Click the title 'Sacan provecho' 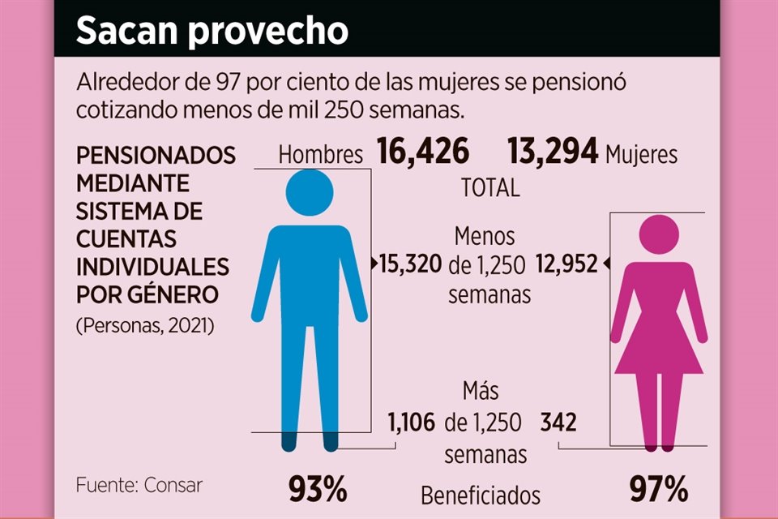point(212,32)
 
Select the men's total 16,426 point(423,152)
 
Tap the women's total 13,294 point(554,152)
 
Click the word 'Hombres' point(321,155)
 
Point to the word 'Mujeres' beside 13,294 point(641,154)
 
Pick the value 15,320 point(412,263)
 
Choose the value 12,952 point(566,263)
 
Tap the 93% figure point(318,489)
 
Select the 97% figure point(659,489)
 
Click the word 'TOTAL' point(490,188)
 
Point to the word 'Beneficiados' point(481,494)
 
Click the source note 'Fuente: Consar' point(139,485)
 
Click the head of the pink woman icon point(659,234)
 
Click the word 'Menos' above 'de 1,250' point(484,236)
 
